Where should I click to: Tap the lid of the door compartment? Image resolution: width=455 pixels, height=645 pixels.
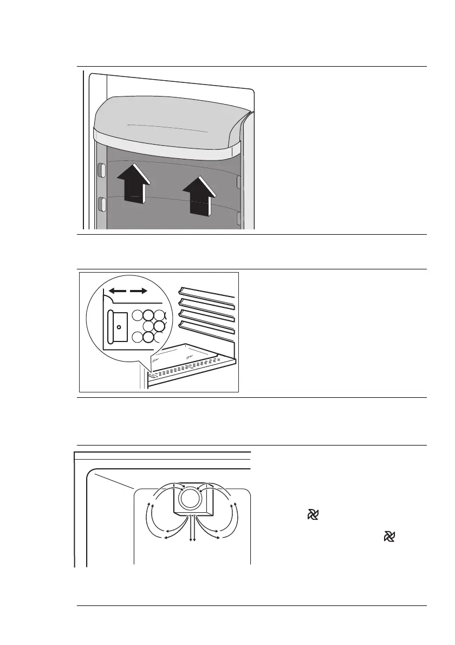pyautogui.click(x=168, y=125)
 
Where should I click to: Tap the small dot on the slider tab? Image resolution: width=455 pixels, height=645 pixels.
pyautogui.click(x=119, y=327)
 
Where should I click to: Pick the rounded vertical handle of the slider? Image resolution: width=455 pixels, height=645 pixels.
pyautogui.click(x=111, y=327)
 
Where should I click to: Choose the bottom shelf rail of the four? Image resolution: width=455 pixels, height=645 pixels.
pyautogui.click(x=207, y=328)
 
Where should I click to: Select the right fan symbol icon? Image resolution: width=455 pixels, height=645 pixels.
pyautogui.click(x=388, y=537)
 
